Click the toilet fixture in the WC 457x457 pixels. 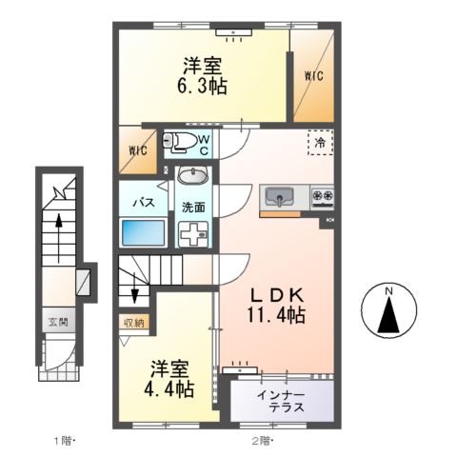point(179,142)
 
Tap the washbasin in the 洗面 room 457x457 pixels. point(192,175)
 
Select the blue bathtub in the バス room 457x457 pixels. point(143,232)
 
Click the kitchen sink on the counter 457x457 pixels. point(280,197)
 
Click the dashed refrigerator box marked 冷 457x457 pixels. point(321,143)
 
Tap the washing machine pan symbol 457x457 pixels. point(193,234)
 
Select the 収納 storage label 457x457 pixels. point(134,323)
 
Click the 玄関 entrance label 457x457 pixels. point(58,322)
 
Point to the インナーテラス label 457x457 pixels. point(281,402)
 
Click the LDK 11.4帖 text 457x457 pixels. point(277,306)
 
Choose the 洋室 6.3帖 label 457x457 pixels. point(202,76)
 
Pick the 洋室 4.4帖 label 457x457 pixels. point(169,379)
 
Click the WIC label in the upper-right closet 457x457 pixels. point(314,76)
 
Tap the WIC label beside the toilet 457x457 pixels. point(137,150)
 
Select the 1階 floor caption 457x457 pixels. point(64,441)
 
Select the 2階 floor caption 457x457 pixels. point(263,441)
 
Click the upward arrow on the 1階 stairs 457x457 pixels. point(58,238)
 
